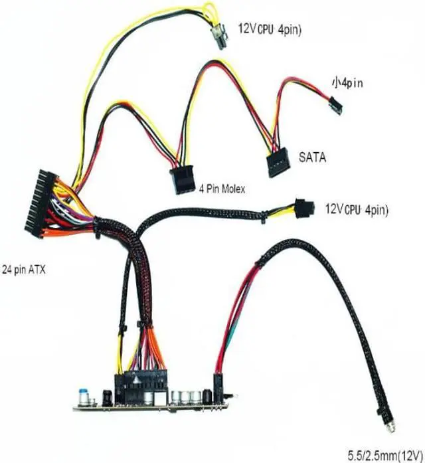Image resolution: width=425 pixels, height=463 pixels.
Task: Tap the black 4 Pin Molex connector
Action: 181,178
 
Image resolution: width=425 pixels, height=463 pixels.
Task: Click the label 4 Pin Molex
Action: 222,189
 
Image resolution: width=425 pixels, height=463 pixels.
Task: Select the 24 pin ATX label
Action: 27,270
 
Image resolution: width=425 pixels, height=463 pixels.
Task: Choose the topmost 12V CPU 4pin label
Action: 270,29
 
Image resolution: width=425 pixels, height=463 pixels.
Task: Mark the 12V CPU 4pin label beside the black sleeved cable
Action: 356,209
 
